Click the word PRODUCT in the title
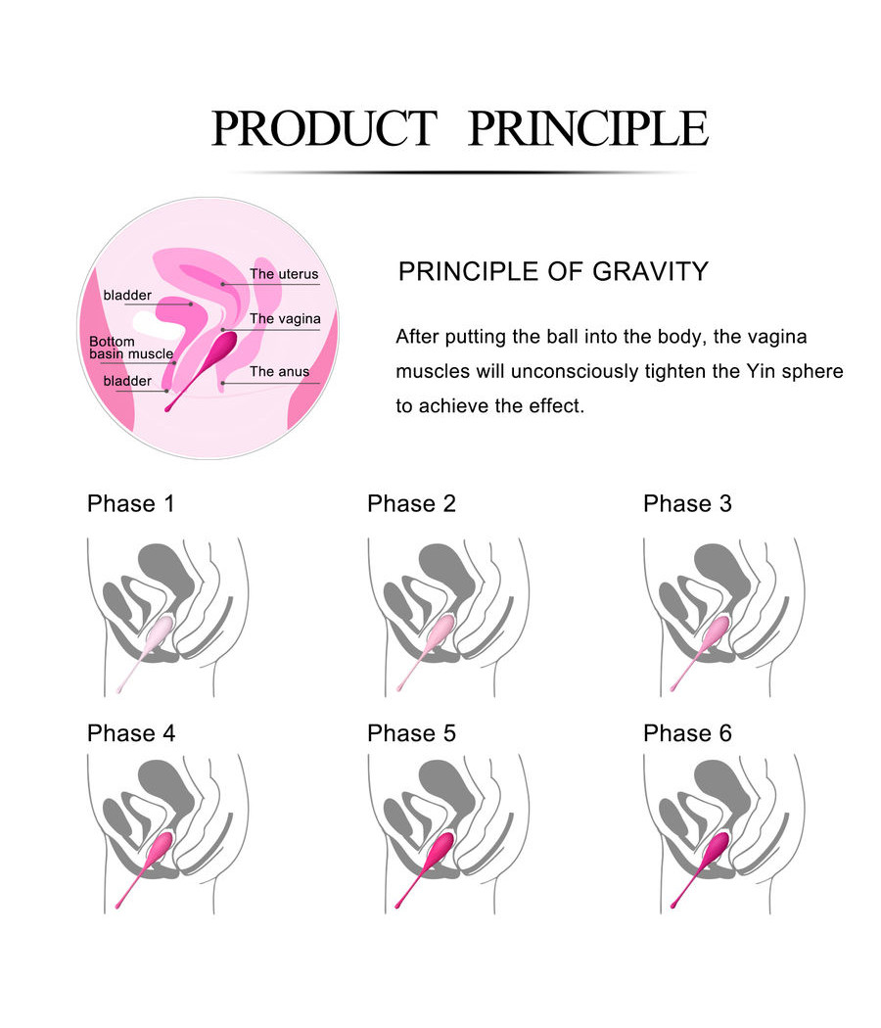(323, 128)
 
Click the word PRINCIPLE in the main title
(587, 128)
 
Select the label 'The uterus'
(284, 274)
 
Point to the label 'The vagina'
(284, 319)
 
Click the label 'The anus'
(279, 372)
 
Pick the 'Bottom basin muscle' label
(130, 348)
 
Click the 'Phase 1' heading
(130, 504)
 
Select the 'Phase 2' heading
(411, 504)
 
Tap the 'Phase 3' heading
(687, 504)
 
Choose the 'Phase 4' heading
(130, 733)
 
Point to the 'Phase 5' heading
(411, 733)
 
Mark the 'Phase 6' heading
(687, 733)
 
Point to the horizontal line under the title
(460, 172)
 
